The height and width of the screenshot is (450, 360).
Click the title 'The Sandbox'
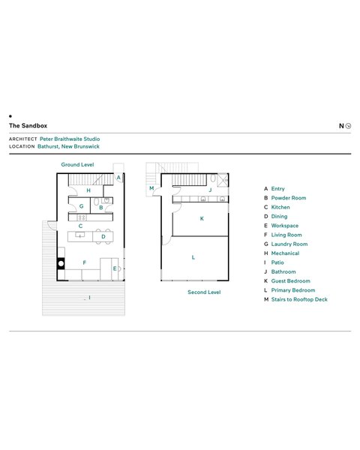28,126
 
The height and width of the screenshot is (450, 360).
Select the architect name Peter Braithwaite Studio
70,139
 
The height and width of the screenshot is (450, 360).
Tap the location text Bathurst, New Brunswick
68,146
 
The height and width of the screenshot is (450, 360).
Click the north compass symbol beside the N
348,126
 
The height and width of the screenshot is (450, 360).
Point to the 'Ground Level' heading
77,165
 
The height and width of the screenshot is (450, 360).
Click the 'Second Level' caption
204,292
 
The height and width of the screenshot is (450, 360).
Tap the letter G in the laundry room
82,206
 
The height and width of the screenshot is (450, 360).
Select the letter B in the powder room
101,208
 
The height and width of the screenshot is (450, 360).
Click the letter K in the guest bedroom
202,218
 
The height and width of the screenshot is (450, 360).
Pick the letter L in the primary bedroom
193,257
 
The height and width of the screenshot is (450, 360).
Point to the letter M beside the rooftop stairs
151,188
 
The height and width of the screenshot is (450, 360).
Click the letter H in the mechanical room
88,190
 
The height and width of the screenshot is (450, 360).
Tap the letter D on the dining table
103,237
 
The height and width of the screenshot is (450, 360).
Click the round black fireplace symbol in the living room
61,263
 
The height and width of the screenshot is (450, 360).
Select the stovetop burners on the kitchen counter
82,217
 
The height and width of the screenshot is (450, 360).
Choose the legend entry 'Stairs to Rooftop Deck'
299,299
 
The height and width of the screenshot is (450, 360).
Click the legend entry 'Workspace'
285,226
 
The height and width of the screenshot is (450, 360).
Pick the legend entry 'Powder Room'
289,198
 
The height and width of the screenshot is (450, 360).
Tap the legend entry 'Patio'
277,262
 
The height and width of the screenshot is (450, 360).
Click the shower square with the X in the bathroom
223,181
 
